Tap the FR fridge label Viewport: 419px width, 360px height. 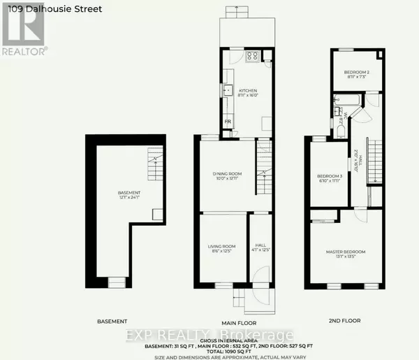click(228, 123)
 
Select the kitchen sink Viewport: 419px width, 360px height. click(228, 90)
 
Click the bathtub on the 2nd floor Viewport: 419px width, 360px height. click(346, 106)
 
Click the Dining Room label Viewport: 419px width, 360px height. click(228, 173)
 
